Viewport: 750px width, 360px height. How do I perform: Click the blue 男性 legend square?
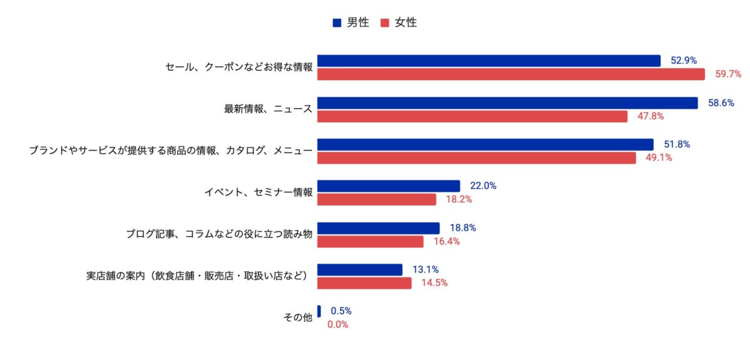click(x=337, y=23)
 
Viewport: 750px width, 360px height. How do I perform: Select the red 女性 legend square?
click(x=384, y=23)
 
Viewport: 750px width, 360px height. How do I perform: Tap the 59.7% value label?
click(x=728, y=74)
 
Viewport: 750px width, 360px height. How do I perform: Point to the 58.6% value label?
click(x=721, y=102)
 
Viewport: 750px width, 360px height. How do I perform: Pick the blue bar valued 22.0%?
click(x=389, y=186)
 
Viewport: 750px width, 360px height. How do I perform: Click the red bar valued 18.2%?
click(x=377, y=200)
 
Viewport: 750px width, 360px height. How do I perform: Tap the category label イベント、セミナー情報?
click(x=258, y=192)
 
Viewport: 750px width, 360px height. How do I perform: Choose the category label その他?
click(x=297, y=317)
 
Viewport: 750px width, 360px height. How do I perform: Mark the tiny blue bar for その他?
click(x=319, y=311)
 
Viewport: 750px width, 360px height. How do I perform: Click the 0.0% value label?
click(x=337, y=325)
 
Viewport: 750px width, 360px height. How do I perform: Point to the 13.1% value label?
click(x=425, y=270)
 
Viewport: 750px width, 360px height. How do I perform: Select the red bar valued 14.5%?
click(x=364, y=283)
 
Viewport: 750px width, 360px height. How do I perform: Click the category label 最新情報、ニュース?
click(x=268, y=109)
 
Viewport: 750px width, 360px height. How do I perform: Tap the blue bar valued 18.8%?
click(x=379, y=228)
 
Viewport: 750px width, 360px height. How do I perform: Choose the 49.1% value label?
click(x=659, y=158)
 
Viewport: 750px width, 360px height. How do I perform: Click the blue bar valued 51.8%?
click(x=486, y=144)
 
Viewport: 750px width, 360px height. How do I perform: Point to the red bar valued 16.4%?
click(x=371, y=242)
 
